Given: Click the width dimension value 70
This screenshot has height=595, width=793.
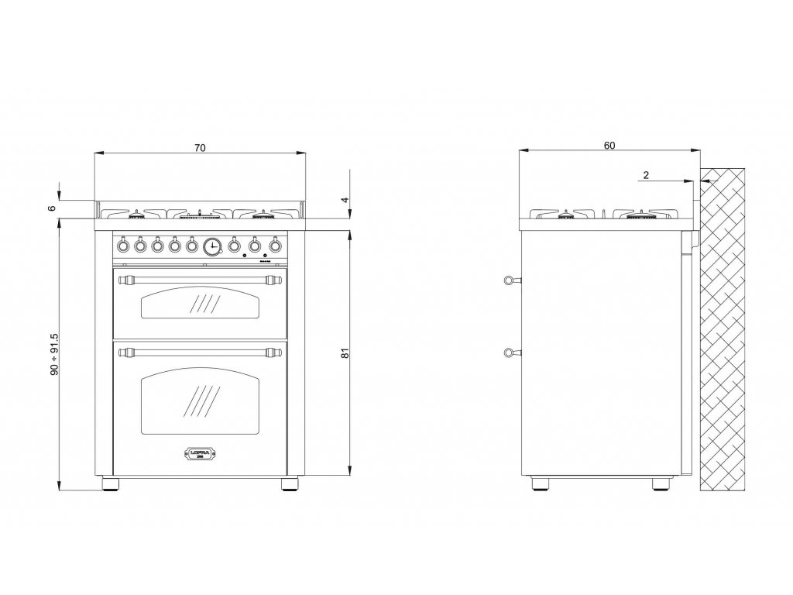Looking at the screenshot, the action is tap(200, 148).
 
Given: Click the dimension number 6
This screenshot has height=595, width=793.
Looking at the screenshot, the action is tap(52, 208).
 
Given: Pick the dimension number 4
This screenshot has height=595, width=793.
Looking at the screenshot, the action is tap(346, 200).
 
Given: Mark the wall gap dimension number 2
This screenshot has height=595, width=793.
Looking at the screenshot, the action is tap(645, 174).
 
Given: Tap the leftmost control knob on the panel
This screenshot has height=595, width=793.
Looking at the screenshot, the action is tap(123, 246).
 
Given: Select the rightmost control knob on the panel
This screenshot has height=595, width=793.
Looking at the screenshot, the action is tap(275, 246).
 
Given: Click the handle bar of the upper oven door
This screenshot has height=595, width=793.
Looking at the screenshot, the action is tap(201, 277).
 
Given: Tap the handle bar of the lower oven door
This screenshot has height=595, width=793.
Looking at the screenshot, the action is tap(201, 353).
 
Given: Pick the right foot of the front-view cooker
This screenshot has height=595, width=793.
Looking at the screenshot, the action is tap(289, 486).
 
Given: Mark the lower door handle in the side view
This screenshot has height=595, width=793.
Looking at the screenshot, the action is tap(510, 354).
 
